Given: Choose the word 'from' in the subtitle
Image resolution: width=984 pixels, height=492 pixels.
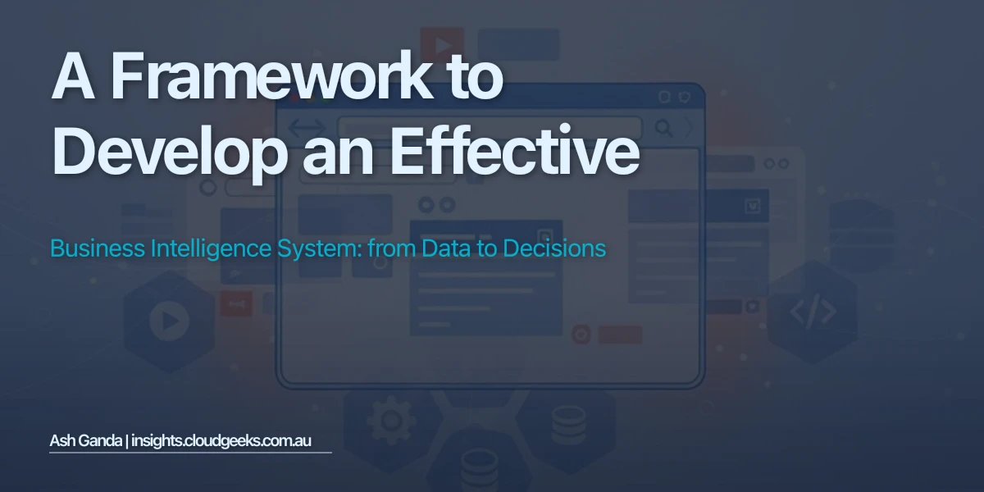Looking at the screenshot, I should click(x=392, y=248).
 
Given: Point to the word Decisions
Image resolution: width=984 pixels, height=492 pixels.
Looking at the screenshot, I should click(x=553, y=248).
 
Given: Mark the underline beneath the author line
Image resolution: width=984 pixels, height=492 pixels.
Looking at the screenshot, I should click(x=190, y=452).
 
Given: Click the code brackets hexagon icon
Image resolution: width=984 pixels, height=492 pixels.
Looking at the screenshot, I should click(x=813, y=312).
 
